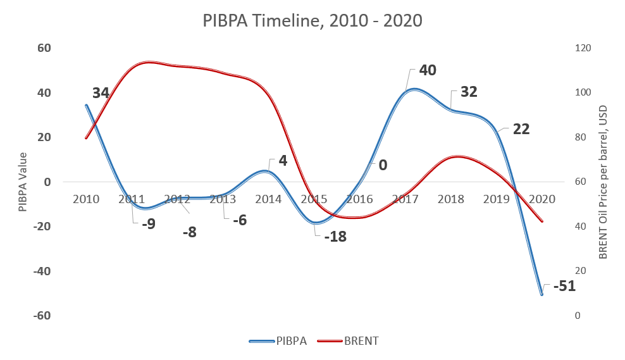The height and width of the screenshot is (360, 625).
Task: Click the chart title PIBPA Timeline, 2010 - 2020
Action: pos(312,20)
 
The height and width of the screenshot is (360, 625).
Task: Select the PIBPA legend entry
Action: pos(279,341)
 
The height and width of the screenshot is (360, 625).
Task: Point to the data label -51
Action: pos(564,286)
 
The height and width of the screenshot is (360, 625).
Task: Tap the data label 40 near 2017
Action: pos(428,70)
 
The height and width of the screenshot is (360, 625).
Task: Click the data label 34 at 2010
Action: pos(101,93)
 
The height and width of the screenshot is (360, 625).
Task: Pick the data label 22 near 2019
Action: pos(521,129)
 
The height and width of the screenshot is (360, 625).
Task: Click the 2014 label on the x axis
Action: pos(268,199)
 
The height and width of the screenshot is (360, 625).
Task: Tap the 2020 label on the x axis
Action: pos(541,199)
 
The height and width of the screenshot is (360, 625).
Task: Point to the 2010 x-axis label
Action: pos(86,199)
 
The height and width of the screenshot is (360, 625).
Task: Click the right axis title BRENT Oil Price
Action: pos(603,182)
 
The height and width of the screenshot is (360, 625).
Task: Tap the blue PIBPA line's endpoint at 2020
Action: pos(541,295)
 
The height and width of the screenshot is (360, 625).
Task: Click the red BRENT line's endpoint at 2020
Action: pos(541,221)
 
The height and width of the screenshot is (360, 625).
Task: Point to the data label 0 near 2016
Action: pos(383,165)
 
